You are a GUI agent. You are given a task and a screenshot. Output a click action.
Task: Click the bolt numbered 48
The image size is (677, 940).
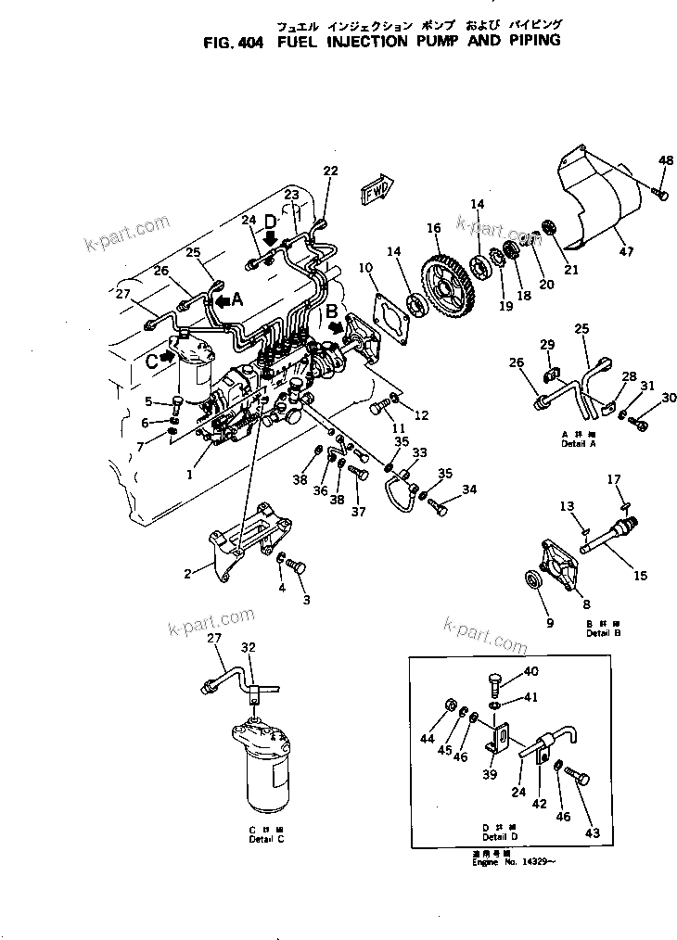[660, 192]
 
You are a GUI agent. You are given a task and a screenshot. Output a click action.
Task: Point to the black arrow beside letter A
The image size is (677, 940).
[223, 300]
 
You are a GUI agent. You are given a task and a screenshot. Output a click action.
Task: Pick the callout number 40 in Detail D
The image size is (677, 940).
[530, 671]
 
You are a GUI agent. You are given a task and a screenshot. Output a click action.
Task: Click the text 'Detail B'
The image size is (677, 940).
[603, 633]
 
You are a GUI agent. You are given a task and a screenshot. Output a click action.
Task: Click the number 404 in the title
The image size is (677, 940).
[248, 41]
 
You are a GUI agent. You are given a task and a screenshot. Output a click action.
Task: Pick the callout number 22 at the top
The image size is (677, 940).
[331, 171]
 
